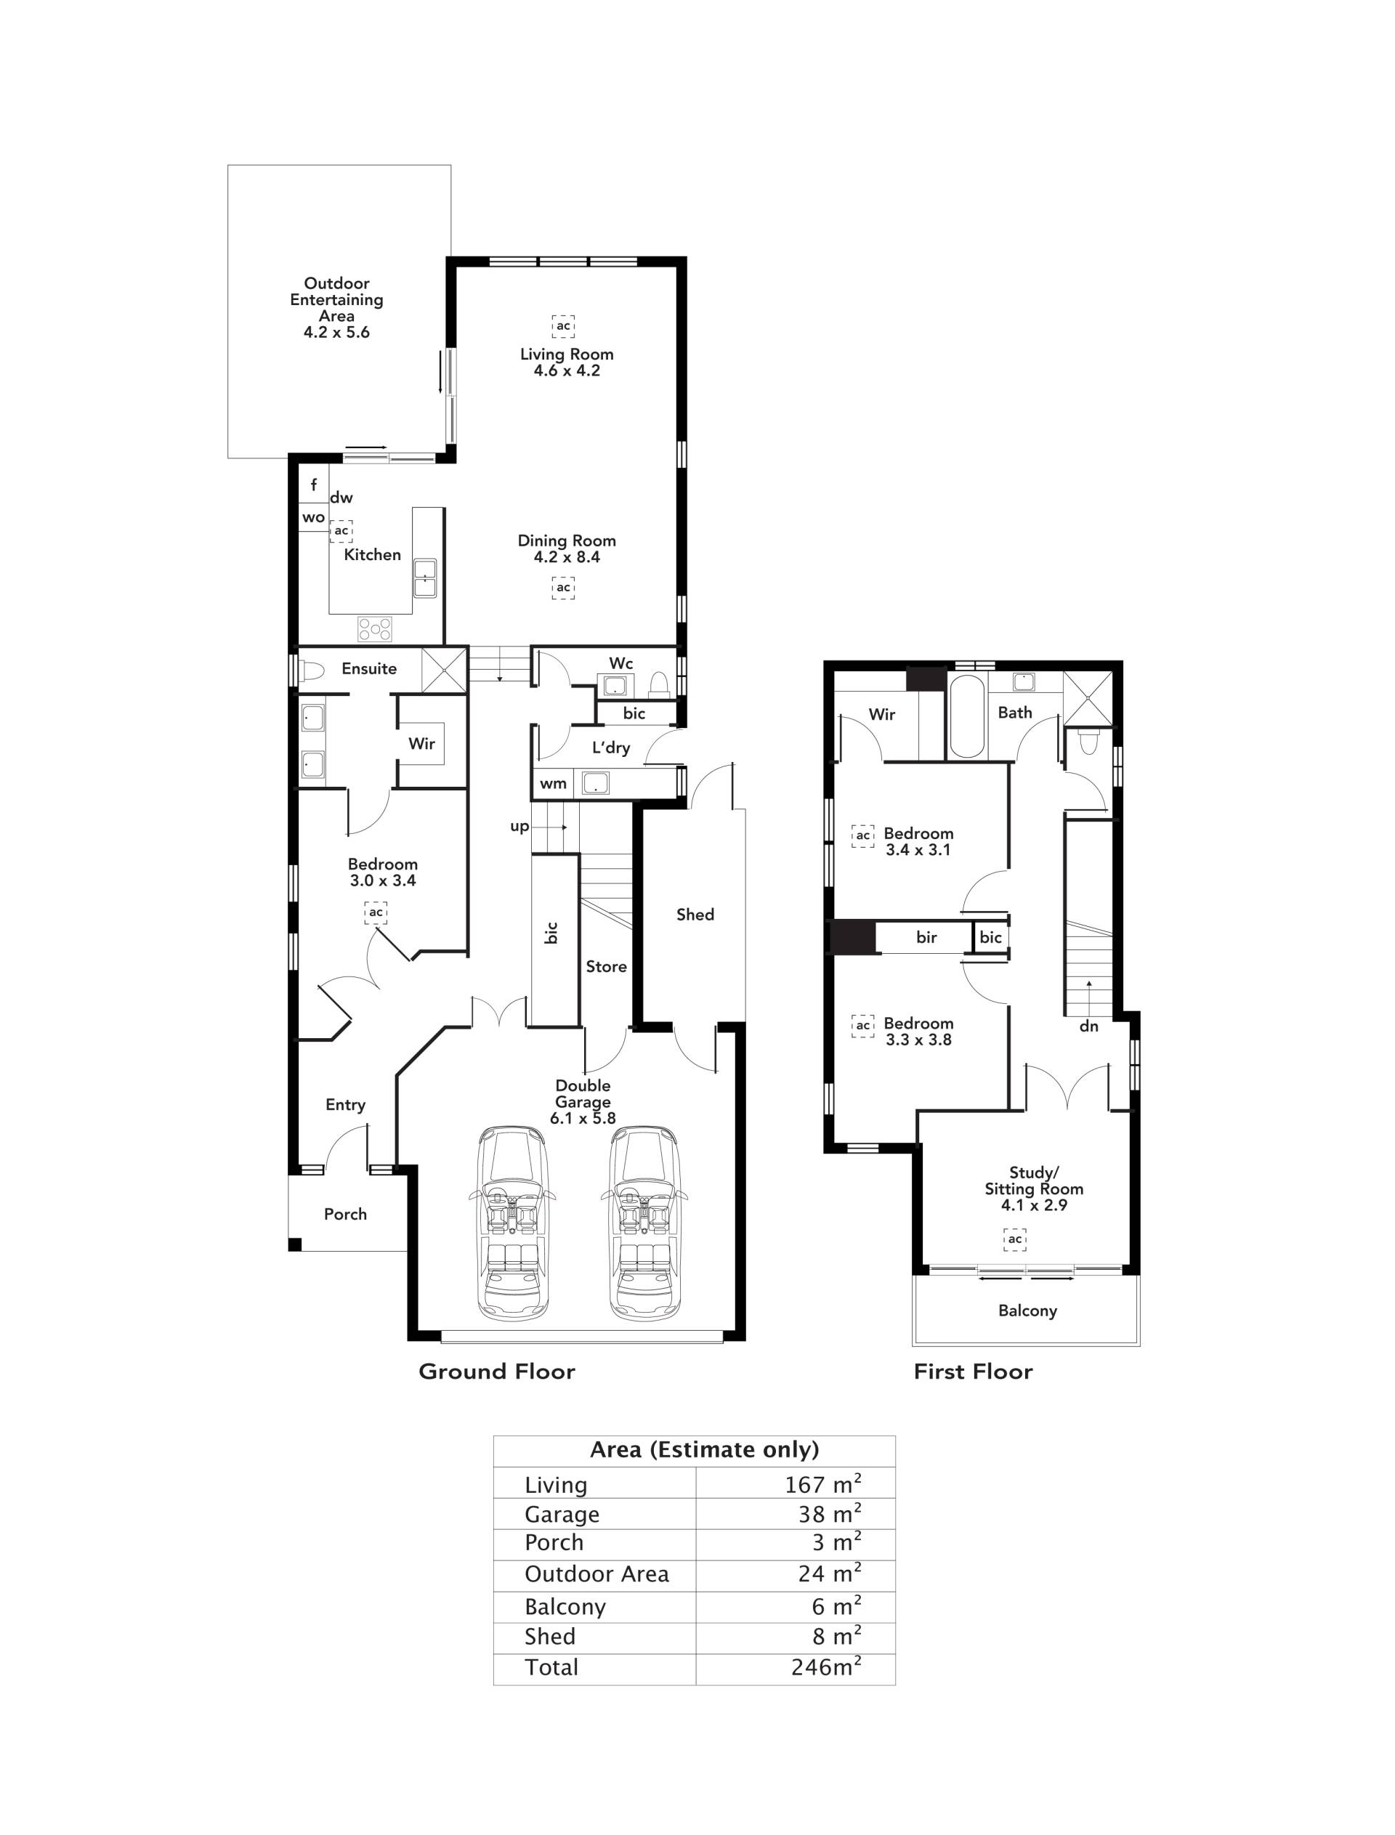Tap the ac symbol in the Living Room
[564, 325]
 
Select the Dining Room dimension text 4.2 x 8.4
[567, 557]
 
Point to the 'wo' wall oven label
[313, 517]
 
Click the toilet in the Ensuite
[312, 670]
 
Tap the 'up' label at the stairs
[519, 827]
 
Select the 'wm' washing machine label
[553, 783]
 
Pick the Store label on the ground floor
[606, 966]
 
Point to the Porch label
[345, 1214]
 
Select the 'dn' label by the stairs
[1088, 1026]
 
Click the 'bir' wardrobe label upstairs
[926, 937]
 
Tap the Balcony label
[1028, 1311]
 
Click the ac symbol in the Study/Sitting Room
[1015, 1239]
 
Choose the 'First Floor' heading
[973, 1372]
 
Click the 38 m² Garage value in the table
[830, 1515]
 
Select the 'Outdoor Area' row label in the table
[597, 1574]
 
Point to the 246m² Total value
[826, 1667]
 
